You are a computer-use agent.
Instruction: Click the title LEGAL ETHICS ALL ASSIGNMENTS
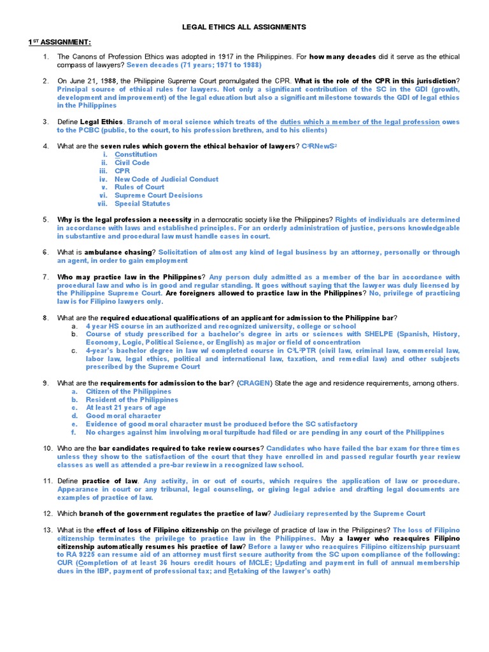point(244,27)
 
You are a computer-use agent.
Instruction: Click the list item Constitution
point(136,155)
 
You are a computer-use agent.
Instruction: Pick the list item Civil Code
point(132,163)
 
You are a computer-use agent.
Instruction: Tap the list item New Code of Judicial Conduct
point(166,180)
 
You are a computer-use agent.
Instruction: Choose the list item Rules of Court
point(139,187)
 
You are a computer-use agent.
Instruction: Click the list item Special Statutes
point(142,204)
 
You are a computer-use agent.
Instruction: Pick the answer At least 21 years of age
point(126,407)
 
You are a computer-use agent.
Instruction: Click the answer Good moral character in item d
point(124,416)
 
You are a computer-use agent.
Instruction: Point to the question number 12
point(47,513)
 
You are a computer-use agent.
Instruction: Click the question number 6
point(46,252)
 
